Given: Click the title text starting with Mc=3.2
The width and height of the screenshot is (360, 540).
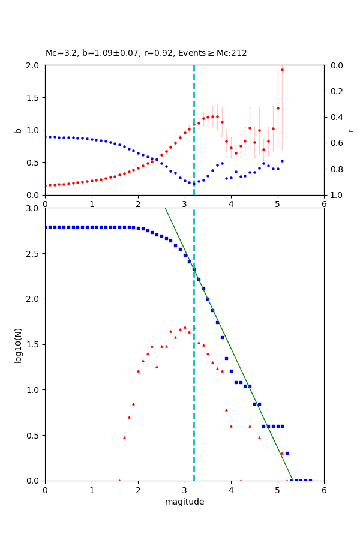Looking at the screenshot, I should coord(146,53).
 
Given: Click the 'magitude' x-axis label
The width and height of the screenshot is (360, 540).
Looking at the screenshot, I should coord(184,502).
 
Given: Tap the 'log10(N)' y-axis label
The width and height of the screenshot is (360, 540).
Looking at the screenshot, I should coord(19,344).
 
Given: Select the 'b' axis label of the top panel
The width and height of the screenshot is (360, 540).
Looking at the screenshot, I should coord(19,130).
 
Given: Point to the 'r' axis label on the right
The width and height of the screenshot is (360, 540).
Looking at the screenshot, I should coord(351,130).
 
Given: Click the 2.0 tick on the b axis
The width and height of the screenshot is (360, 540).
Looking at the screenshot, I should coord(35,65).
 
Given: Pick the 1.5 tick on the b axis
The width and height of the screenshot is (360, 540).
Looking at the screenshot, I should coord(35,98).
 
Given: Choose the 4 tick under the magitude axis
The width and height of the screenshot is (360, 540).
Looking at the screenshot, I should coord(231,490).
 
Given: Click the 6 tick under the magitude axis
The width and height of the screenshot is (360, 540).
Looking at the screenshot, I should coord(324,490).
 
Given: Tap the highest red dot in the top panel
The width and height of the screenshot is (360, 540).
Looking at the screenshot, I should coord(282,70).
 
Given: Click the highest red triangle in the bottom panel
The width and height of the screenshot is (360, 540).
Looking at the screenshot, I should coord(185,327).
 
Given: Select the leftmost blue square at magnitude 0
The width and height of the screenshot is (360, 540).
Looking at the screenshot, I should coord(46,227).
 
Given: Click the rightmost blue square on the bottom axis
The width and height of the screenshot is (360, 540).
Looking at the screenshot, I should coord(310,480).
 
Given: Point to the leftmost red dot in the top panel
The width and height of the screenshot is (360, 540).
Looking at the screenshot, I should coord(46,185).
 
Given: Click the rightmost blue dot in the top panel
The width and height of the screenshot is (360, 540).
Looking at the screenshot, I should coord(282,161).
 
